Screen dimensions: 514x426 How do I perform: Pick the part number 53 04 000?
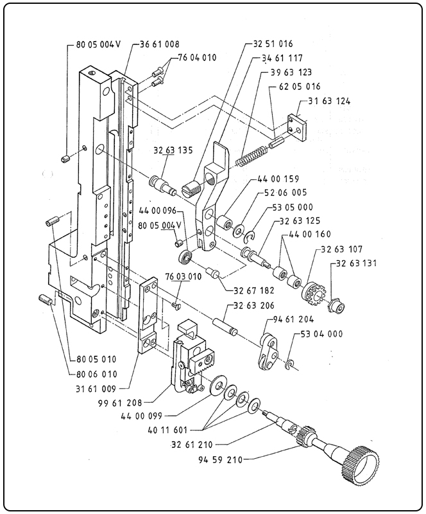[x=321, y=334]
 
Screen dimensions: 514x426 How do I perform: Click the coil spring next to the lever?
[x=249, y=156]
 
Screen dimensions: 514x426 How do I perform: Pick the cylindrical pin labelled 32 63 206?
[x=225, y=323]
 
